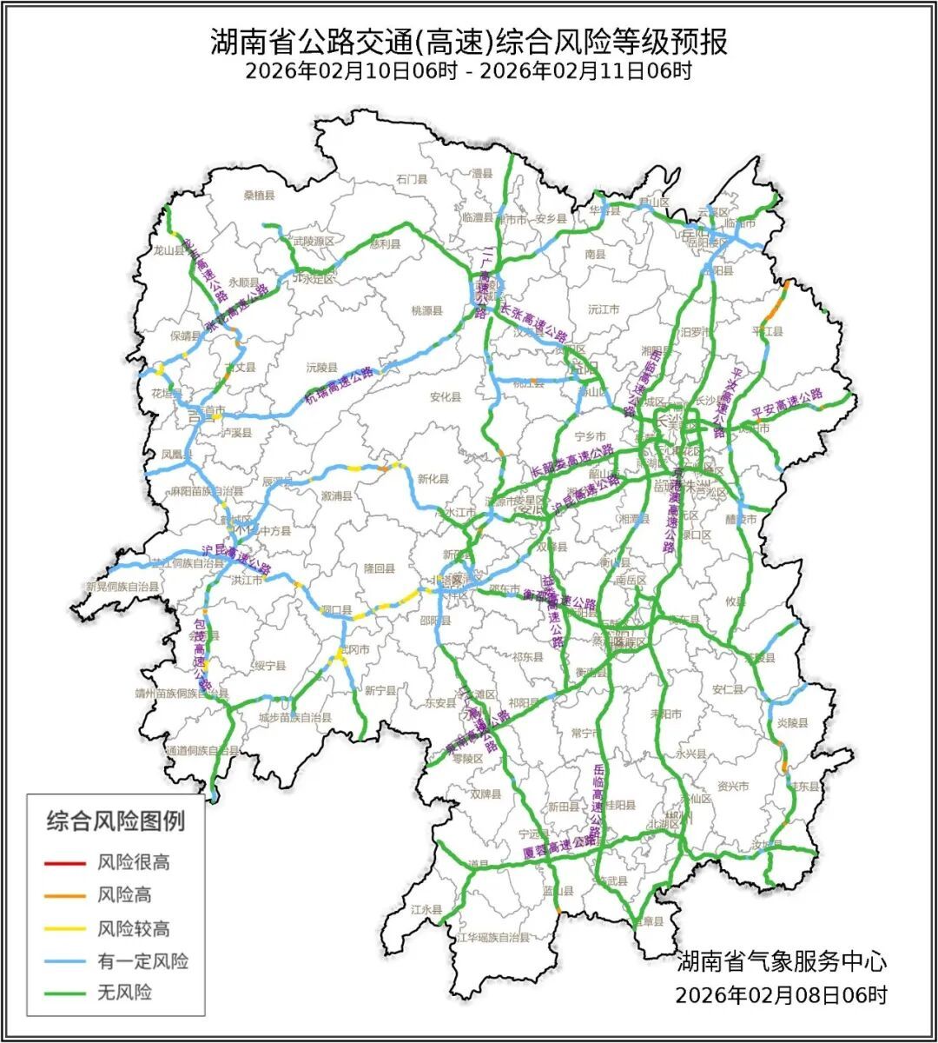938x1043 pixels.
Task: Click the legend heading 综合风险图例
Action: pos(116,820)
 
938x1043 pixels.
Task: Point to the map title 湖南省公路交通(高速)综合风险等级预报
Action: pos(468,42)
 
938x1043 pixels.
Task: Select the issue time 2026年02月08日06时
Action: pos(782,993)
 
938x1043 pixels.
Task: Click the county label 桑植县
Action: pos(259,196)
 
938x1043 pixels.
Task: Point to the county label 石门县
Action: pos(412,179)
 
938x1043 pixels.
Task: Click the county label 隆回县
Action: pos(379,568)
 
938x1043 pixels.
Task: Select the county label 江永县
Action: pos(428,909)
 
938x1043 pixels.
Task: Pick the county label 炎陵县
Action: pos(791,723)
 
